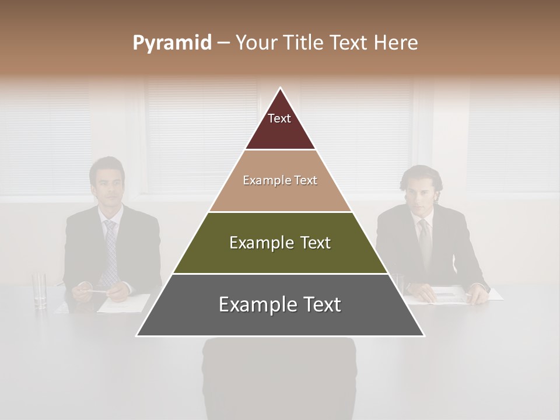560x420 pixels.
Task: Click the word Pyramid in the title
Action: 171,43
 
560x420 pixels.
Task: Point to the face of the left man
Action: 107,184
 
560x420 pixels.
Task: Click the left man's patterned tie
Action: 110,251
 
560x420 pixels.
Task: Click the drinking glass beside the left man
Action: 40,289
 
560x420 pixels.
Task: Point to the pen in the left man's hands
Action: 97,290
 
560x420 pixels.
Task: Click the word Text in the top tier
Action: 279,118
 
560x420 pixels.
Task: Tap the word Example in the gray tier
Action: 254,304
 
